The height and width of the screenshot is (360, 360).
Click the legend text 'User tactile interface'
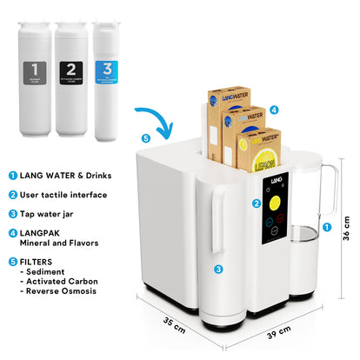pos(63,194)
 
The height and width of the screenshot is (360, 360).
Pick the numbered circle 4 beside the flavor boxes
pos(274,110)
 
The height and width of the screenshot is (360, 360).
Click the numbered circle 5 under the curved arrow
pos(145,137)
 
